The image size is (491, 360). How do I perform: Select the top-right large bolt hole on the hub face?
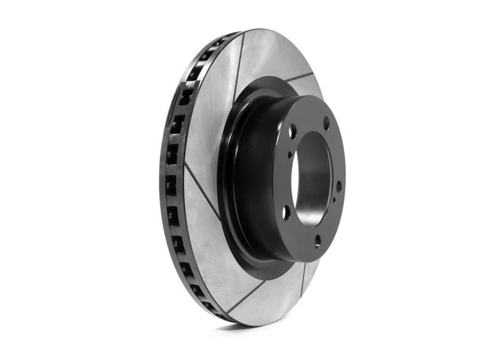click(x=326, y=122)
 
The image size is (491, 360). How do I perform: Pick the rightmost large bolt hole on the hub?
click(x=338, y=186)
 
